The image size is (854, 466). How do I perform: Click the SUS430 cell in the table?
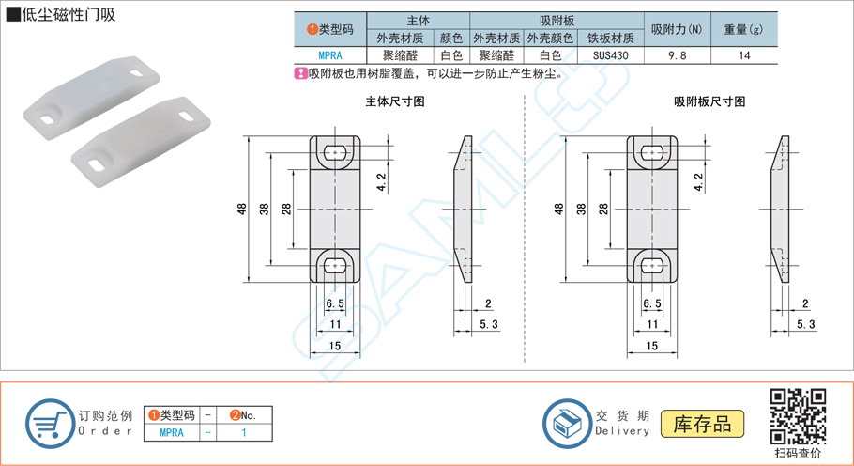[611, 55]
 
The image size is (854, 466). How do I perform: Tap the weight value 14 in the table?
[744, 55]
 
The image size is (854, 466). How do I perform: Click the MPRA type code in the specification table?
[330, 55]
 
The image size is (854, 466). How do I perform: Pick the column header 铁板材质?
[611, 39]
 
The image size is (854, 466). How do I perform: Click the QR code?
[797, 414]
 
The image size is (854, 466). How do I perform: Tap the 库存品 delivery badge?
[702, 423]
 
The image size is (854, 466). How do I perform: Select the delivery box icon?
[567, 423]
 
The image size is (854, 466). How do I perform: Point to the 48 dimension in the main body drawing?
[242, 209]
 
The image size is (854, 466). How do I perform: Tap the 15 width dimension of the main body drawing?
[335, 345]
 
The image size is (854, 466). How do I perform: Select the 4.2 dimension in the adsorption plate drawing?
[697, 181]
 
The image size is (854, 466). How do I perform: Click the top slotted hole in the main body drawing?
[335, 152]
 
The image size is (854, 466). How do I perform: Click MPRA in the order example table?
[172, 433]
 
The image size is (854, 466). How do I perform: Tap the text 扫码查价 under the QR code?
[797, 453]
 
